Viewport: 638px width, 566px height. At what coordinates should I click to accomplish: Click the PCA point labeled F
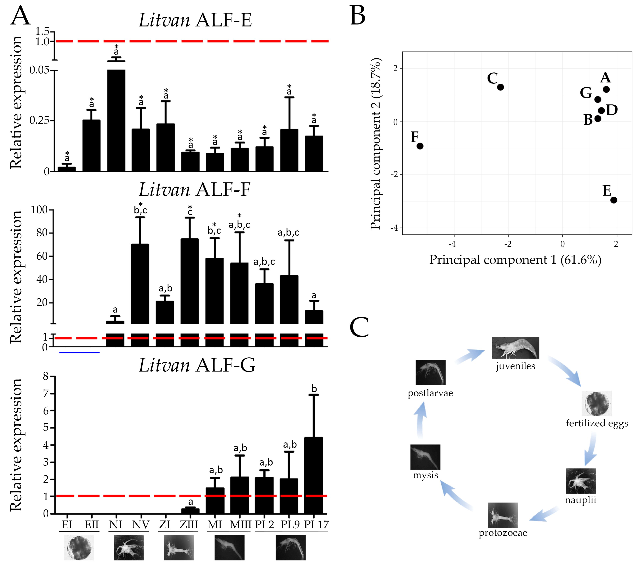pyautogui.click(x=420, y=146)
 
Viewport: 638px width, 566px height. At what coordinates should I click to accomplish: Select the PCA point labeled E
pyautogui.click(x=614, y=200)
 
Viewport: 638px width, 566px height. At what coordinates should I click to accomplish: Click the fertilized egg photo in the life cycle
pyautogui.click(x=597, y=403)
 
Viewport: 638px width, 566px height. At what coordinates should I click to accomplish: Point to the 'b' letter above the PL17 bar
pyautogui.click(x=314, y=389)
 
